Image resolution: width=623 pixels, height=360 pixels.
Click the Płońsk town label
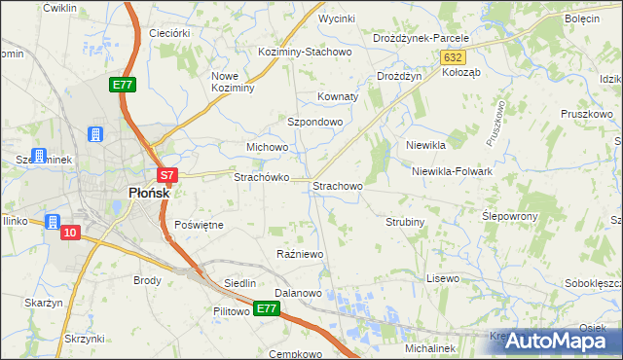(x=149, y=193)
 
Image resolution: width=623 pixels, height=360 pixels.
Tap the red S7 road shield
(x=167, y=176)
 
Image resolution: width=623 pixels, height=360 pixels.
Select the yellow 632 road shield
(x=453, y=57)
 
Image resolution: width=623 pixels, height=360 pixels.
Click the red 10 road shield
(x=69, y=233)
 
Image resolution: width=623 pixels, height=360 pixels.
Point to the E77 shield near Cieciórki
(x=122, y=86)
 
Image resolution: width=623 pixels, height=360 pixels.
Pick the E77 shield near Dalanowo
(x=268, y=308)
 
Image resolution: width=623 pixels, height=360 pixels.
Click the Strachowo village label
(x=338, y=185)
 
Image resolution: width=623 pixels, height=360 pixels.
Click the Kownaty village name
(x=339, y=97)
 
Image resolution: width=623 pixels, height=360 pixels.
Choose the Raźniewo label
(x=300, y=254)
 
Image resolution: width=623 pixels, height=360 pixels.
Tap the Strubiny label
(x=406, y=222)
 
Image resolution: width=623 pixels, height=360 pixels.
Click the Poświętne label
(x=199, y=225)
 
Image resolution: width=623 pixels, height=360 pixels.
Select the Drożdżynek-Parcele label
(x=421, y=38)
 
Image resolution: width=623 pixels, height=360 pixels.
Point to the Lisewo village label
(x=443, y=278)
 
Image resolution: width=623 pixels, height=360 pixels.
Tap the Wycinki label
(x=337, y=18)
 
